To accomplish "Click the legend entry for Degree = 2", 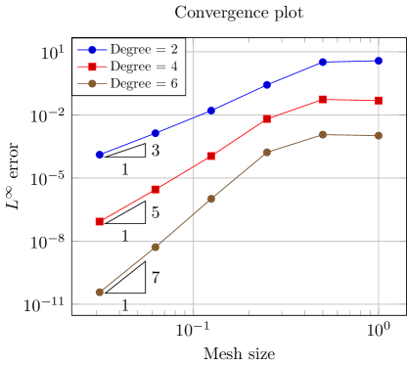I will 143,49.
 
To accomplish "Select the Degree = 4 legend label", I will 143,67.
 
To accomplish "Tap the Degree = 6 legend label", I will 143,84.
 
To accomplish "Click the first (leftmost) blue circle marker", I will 100,155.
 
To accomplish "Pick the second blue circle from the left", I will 156,133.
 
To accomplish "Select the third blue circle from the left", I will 210,111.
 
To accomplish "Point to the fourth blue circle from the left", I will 266,85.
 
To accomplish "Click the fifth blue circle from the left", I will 322,62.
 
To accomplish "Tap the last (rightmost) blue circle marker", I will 378,61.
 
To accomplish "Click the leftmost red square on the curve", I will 100,222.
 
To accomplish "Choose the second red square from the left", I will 156,189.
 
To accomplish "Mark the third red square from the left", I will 210,156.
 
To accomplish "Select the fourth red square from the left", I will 266,118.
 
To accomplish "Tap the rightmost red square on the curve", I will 378,100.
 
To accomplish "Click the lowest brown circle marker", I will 100,292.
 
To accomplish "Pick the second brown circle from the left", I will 156,247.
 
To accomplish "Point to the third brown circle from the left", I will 210,199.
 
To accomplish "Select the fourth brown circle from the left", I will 266,153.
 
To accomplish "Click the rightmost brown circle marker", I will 378,135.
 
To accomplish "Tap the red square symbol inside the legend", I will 92,67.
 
